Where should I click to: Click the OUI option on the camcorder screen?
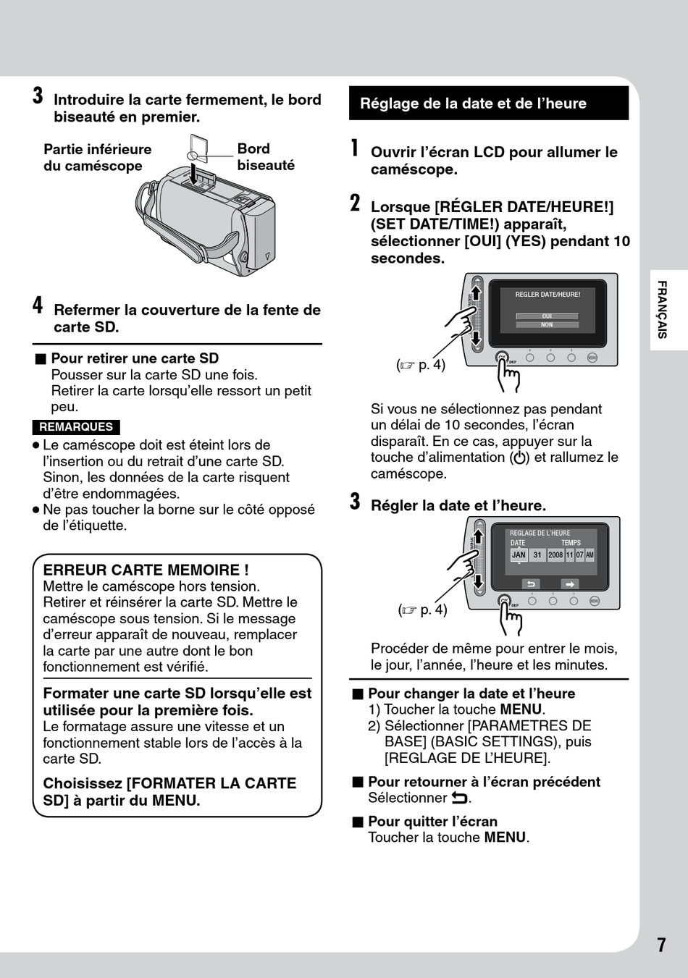[547, 316]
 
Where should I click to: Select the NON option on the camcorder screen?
[547, 325]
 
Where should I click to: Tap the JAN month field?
[519, 555]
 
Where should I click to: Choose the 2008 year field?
[555, 555]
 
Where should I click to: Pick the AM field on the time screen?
[590, 555]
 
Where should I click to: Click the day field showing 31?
[537, 555]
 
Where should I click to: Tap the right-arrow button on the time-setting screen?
[570, 584]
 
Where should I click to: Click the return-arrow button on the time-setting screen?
[531, 584]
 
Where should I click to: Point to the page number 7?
[661, 945]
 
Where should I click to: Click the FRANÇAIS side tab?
[662, 310]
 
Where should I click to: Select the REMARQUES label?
[76, 427]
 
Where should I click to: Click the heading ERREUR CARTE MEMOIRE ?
[146, 570]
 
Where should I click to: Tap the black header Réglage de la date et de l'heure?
[489, 103]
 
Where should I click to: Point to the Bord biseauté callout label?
[266, 157]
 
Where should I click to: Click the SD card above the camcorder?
[198, 148]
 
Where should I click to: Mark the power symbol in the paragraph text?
[519, 458]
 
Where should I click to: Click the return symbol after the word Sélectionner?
[460, 798]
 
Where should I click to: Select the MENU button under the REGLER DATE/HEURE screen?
[592, 358]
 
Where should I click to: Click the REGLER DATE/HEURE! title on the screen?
[548, 295]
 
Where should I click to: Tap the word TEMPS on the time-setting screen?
[571, 542]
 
